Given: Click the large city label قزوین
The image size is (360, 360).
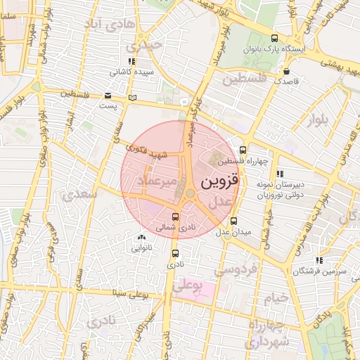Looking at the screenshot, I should click(220, 181).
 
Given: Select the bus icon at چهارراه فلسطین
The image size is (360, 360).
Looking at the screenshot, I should click(243, 150).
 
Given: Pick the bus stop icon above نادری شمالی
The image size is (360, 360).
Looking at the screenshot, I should click(176, 217).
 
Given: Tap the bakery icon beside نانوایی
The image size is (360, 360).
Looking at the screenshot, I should click(143, 238).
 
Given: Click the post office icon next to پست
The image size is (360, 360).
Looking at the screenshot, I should click(108, 95).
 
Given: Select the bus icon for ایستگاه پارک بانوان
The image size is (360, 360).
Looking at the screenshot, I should click(274, 39).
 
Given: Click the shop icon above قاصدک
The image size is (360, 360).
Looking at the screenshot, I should click(286, 71).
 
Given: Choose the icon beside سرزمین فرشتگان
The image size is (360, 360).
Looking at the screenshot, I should click(320, 260).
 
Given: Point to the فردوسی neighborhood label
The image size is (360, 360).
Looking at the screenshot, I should click(236, 269).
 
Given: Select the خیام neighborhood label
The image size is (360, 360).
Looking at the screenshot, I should click(276, 298).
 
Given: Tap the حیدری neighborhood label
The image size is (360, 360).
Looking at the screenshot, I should click(145, 46).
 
